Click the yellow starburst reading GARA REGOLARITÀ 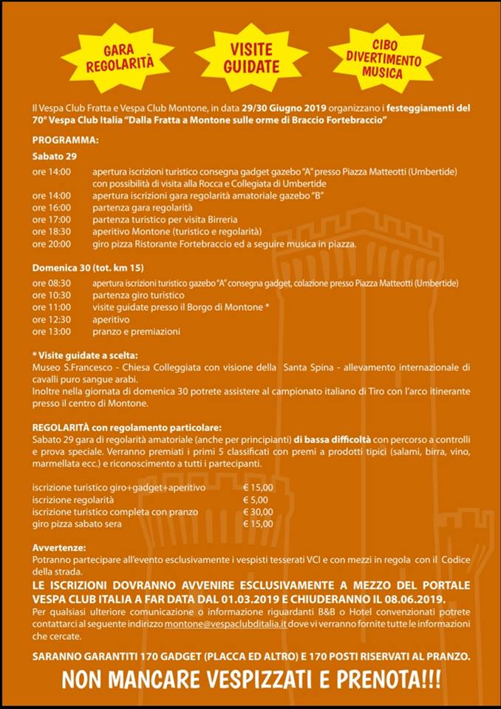click(129, 58)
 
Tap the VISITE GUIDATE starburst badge click(251, 58)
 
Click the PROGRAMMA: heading click(65, 140)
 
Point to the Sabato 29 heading click(53, 157)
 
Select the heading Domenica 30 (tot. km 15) click(87, 267)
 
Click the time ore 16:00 click(52, 208)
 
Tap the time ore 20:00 click(52, 244)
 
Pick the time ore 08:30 click(52, 284)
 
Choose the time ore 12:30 click(52, 320)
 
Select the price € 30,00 click(258, 512)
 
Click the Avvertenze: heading click(59, 548)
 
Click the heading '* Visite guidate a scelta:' click(85, 354)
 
